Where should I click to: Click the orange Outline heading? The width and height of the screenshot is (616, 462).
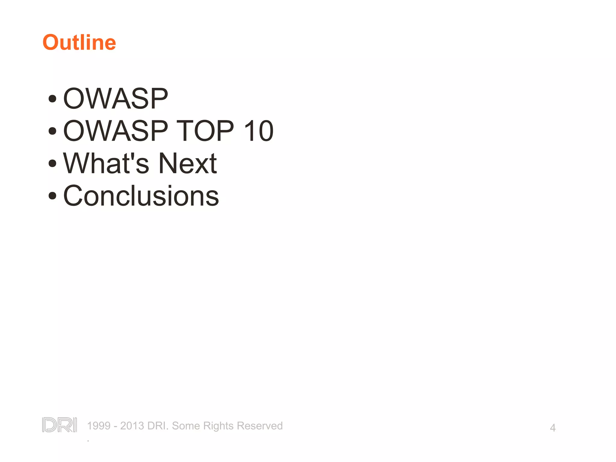79,42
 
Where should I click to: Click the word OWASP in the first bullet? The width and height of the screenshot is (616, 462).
115,99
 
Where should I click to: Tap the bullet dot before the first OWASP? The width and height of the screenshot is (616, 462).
52,99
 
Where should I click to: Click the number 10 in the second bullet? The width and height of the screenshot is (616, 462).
258,131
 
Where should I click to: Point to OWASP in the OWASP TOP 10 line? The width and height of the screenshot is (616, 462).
115,131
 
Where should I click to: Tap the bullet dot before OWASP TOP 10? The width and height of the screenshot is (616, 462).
52,131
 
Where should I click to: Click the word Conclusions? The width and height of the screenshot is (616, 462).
141,196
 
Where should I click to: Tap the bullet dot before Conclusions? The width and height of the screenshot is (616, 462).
52,196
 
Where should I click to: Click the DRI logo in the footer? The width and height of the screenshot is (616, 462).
60,425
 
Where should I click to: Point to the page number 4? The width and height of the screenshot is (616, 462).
553,428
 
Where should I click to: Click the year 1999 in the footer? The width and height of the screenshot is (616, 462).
99,426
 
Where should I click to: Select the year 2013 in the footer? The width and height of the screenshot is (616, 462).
132,426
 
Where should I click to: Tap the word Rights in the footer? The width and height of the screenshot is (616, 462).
218,426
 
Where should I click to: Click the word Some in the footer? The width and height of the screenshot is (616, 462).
186,426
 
